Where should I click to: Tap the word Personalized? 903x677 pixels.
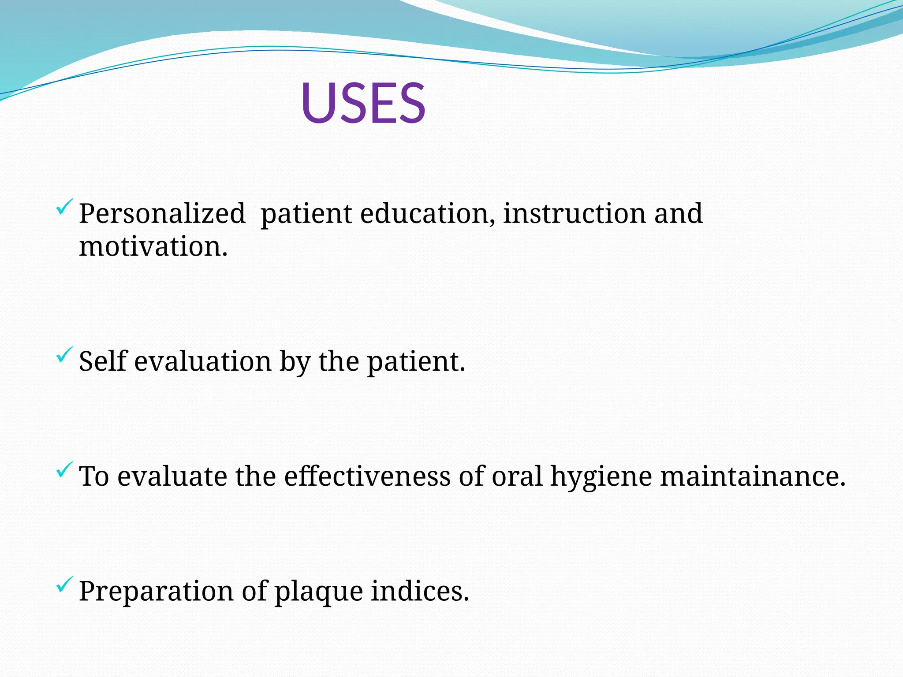tap(162, 214)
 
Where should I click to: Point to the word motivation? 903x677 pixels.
tap(153, 246)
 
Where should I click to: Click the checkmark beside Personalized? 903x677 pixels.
tap(64, 207)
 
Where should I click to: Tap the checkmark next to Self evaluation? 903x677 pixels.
tap(64, 355)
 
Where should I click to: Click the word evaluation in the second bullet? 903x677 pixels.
tap(203, 361)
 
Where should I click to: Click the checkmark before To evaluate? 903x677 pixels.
tap(64, 470)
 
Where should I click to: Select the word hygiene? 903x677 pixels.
tap(601, 477)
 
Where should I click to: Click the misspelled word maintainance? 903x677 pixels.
tap(752, 476)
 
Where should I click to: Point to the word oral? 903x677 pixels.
tap(517, 476)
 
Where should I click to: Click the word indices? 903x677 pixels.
tap(419, 591)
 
